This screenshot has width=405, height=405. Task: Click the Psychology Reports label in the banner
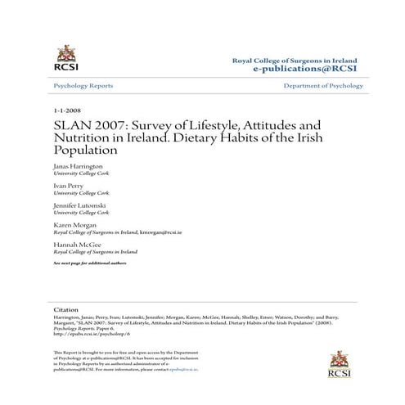tap(83, 86)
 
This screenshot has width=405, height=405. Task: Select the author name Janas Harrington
tap(79, 165)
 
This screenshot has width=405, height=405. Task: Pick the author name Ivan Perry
tap(68, 186)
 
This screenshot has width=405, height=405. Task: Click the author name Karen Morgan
tap(74, 224)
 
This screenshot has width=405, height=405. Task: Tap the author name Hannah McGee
tap(75, 245)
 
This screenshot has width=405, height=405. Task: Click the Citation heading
tap(65, 311)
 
